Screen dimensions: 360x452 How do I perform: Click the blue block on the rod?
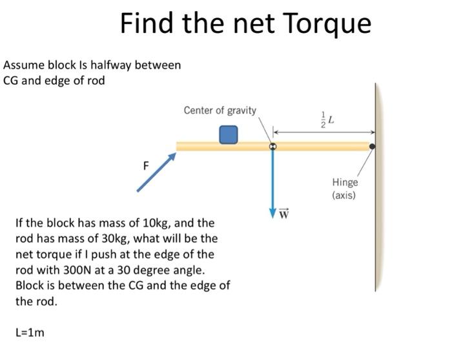point(228,134)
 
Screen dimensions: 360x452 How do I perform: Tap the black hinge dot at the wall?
point(373,147)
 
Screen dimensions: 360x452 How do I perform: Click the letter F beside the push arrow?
point(146,165)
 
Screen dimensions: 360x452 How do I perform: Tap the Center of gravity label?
point(220,111)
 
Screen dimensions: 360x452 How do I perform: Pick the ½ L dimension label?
point(328,119)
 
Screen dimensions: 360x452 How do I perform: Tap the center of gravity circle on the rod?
point(272,147)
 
